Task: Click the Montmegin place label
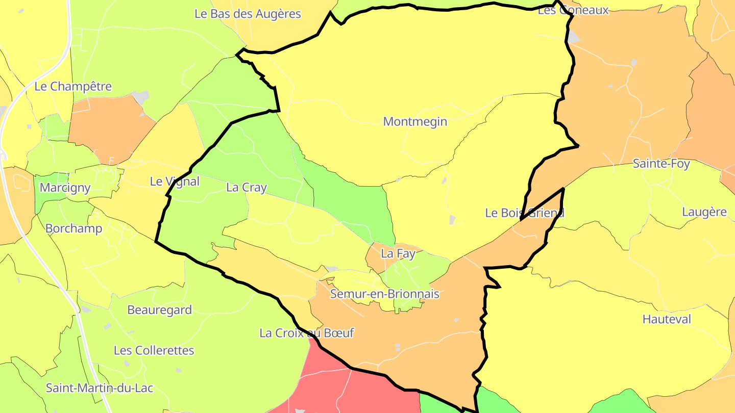tap(415, 122)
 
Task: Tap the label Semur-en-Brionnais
tap(384, 294)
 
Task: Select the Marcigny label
tap(65, 188)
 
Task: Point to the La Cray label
tap(247, 188)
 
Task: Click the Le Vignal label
tap(174, 182)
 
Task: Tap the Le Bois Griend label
tap(525, 213)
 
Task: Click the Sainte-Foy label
tap(661, 164)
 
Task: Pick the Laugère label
tap(704, 212)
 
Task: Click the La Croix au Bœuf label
tap(306, 333)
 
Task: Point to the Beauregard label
tap(159, 310)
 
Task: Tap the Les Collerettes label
tap(154, 351)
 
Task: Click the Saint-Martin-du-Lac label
tap(100, 388)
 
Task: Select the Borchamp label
tap(73, 228)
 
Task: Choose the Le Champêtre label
tap(73, 87)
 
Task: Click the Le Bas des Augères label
tap(248, 14)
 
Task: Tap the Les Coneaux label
tap(573, 10)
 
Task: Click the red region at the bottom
tap(357, 393)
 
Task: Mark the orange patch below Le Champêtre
tap(110, 130)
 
